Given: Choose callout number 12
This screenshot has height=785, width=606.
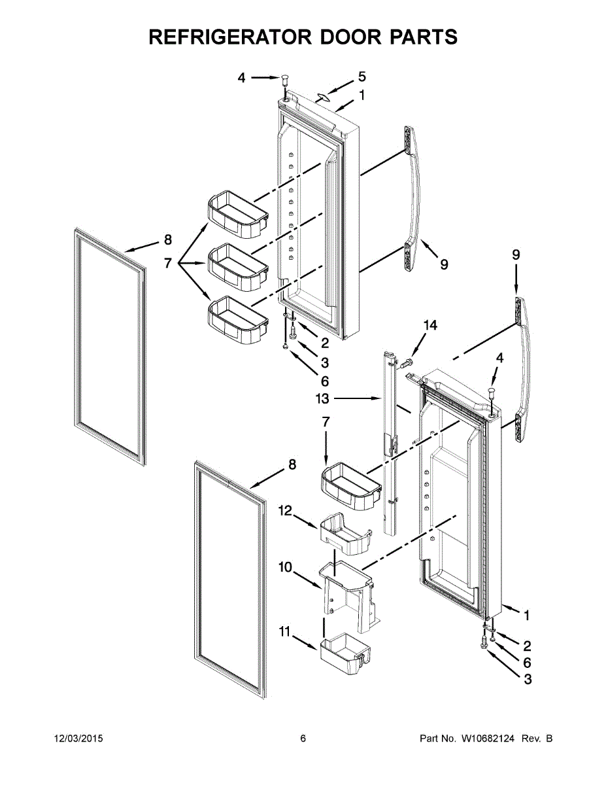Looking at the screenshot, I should coord(286,509).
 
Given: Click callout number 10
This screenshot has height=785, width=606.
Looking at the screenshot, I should coord(286,567).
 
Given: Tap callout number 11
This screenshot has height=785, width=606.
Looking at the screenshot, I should coord(284,631).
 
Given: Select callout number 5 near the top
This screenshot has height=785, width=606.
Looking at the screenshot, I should coord(362,77).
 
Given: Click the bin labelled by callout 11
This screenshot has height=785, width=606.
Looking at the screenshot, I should coord(345,653).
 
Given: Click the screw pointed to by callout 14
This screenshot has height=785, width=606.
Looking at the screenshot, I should coord(407,359).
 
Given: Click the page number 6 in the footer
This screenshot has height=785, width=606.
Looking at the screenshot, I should coord(303,739).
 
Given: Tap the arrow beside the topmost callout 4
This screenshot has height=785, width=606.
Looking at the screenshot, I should coord(264,77).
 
